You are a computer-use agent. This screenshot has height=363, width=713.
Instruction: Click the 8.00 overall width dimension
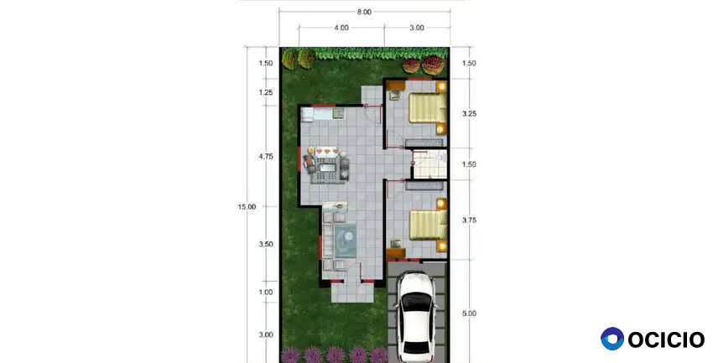tap(364, 13)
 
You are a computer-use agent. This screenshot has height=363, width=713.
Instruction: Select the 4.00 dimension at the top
tap(341, 28)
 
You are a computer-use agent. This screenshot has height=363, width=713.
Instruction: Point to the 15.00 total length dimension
tap(247, 207)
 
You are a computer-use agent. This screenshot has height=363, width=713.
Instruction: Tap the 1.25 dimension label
tap(266, 93)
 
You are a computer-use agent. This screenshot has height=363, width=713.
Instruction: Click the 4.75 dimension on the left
tap(266, 157)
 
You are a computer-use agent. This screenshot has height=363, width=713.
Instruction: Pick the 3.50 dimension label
tap(266, 245)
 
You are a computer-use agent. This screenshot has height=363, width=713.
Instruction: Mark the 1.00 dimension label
tap(266, 293)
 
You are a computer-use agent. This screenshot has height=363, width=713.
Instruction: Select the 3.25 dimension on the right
tap(469, 113)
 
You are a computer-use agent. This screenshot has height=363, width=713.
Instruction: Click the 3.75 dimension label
tap(469, 220)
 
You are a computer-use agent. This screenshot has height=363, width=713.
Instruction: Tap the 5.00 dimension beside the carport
tap(469, 314)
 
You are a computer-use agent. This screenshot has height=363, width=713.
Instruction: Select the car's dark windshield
tap(416, 302)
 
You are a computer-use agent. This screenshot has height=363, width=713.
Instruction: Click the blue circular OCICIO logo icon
tap(612, 339)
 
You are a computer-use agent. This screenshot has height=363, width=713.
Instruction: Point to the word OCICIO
tap(666, 340)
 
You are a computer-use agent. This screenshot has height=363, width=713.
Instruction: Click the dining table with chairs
tap(326, 165)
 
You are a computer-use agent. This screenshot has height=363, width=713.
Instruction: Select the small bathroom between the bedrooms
tap(429, 164)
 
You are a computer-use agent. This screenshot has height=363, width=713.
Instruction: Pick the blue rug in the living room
tap(346, 240)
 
